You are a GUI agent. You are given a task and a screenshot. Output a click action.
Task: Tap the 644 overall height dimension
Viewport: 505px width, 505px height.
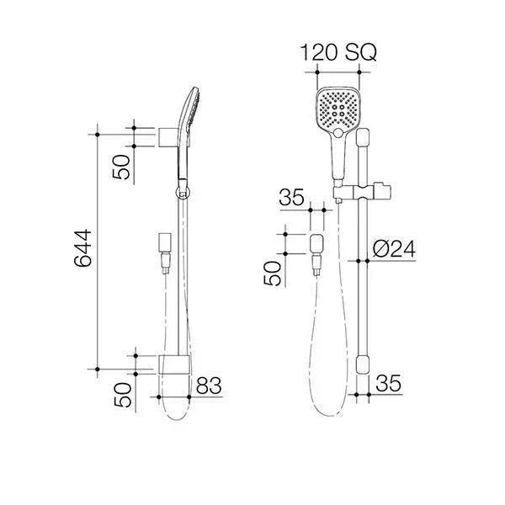(82, 250)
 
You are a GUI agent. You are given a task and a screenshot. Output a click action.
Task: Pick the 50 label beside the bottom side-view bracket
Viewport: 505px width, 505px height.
(122, 396)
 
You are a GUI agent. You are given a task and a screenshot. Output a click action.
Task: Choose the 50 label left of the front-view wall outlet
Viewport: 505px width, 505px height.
(274, 274)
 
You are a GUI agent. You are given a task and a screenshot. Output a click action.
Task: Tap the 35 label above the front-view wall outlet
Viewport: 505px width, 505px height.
(291, 199)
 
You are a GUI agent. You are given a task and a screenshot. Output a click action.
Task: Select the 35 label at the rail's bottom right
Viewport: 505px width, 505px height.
(387, 384)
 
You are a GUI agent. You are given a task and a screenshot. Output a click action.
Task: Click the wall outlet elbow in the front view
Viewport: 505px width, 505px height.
(318, 246)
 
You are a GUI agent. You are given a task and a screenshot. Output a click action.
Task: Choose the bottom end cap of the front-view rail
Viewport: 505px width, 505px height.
(363, 364)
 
